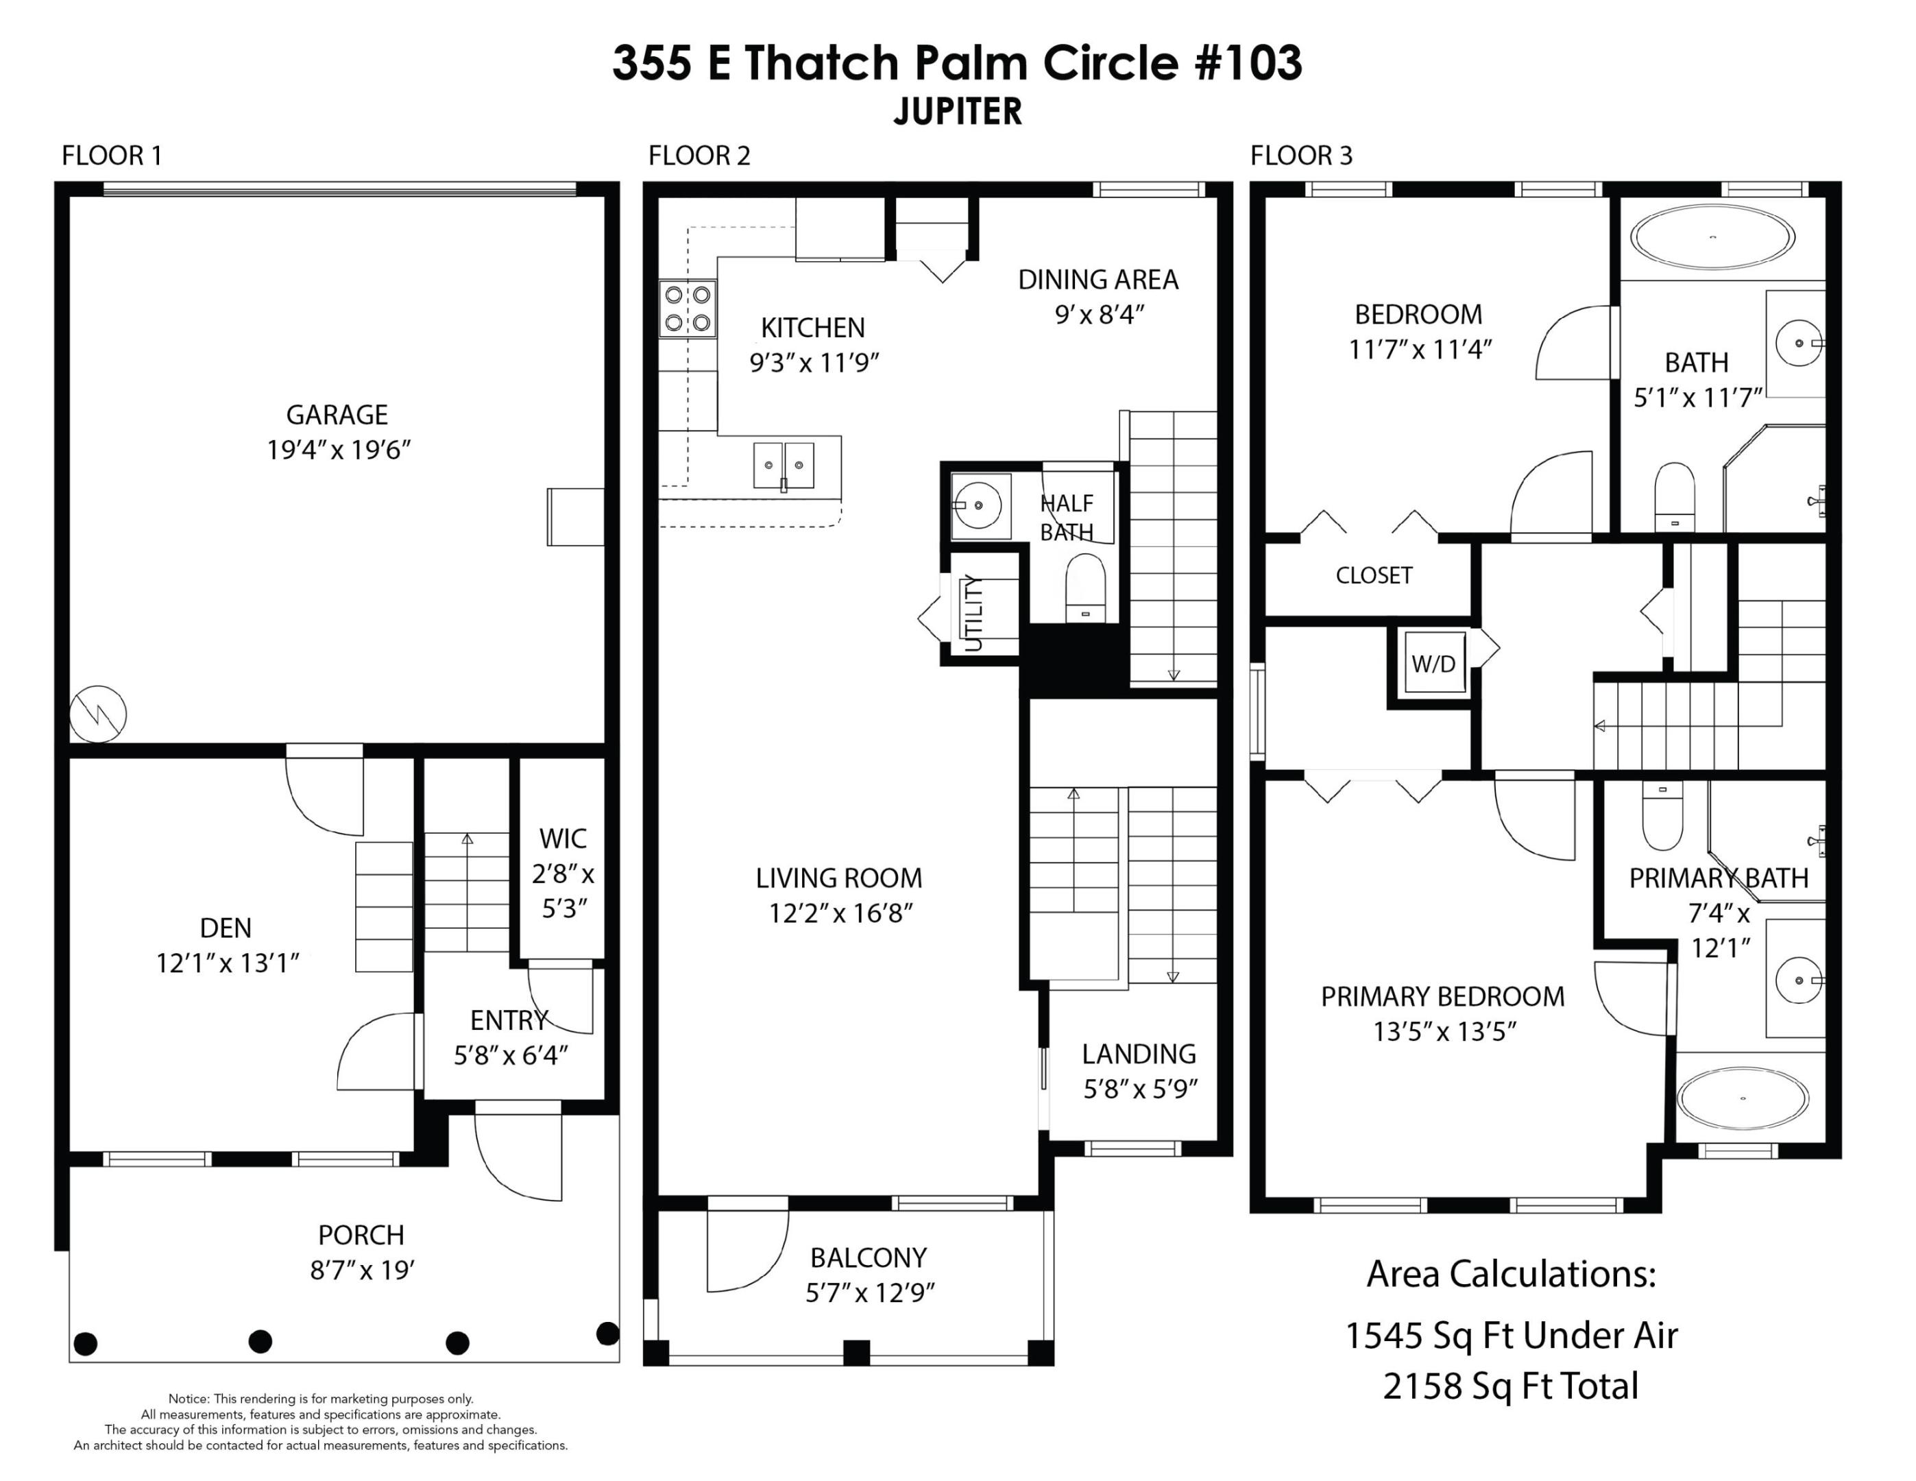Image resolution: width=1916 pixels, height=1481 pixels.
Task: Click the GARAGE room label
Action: coord(337,414)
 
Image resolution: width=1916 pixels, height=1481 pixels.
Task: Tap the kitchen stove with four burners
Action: coord(687,309)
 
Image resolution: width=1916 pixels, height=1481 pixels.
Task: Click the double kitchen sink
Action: coord(783,465)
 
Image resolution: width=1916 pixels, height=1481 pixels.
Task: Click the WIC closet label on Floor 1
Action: coord(562,839)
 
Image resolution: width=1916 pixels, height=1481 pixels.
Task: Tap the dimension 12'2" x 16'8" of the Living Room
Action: coord(840,913)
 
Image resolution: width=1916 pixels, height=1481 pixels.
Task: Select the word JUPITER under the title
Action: coord(957,112)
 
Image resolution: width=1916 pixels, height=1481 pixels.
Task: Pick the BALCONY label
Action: coord(868,1257)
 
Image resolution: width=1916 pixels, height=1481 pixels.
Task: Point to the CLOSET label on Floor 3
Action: coord(1373,575)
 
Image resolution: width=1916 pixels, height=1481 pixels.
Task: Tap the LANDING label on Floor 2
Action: coord(1138,1053)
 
